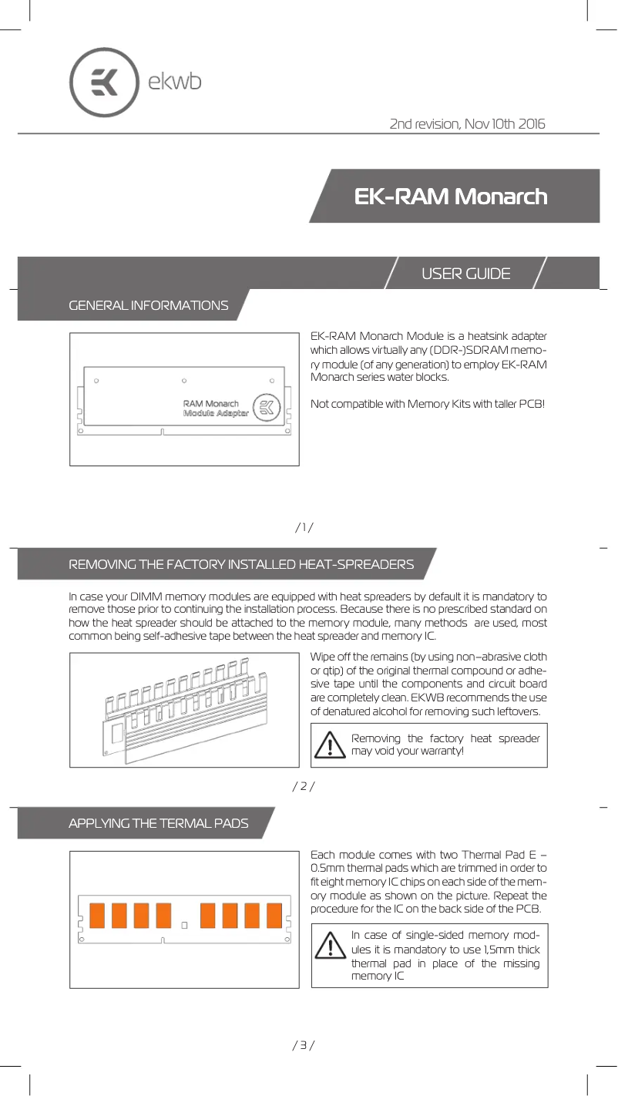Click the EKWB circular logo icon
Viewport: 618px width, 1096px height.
(104, 82)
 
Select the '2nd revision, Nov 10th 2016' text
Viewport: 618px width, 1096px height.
(467, 123)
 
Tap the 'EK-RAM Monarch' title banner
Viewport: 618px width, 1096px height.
(451, 197)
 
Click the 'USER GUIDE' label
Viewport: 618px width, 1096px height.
(465, 274)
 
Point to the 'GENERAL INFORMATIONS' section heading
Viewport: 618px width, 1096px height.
(149, 305)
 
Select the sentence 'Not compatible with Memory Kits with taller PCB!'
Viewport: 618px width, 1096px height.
(428, 404)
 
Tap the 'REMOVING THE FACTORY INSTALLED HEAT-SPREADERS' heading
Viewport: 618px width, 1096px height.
(241, 564)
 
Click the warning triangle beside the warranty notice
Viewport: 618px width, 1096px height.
(330, 745)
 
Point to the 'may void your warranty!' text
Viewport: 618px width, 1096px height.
(408, 751)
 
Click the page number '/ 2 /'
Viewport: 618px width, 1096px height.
(304, 786)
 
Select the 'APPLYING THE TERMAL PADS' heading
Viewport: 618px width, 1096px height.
(159, 823)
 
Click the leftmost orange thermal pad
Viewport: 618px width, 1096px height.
(98, 916)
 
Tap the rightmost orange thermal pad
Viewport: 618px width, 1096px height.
(274, 916)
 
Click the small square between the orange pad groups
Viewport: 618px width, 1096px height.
(185, 925)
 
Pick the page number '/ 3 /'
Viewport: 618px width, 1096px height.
(304, 1045)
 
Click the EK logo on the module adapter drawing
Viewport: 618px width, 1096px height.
(267, 408)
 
